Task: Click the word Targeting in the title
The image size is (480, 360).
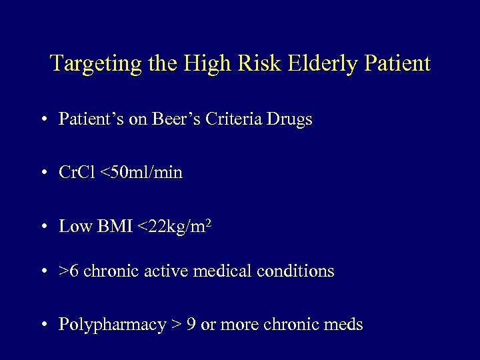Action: coord(87,64)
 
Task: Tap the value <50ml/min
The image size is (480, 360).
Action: coord(141,173)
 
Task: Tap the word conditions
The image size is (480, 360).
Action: coord(297,271)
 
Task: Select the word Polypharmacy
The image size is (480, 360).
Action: coord(111,325)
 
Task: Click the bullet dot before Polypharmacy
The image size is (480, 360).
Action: coord(43,325)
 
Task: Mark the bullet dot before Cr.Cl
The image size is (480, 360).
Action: coord(43,173)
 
